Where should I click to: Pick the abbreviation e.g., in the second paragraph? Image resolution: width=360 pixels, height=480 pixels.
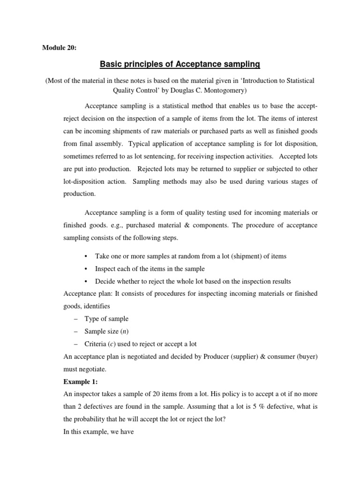pyautogui.click(x=117, y=225)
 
